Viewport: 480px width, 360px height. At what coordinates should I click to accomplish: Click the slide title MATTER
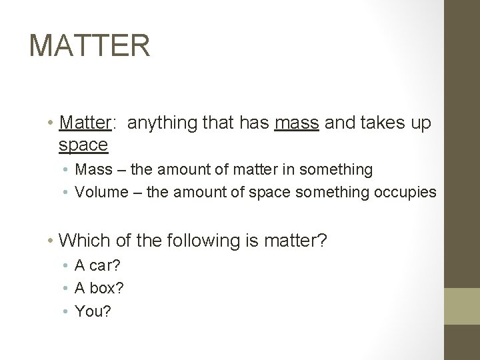pyautogui.click(x=90, y=45)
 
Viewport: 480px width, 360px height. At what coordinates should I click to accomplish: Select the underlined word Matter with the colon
pyautogui.click(x=87, y=123)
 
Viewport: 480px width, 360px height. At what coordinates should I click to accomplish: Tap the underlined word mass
pyautogui.click(x=297, y=123)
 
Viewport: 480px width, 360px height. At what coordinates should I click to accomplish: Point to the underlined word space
pyautogui.click(x=83, y=144)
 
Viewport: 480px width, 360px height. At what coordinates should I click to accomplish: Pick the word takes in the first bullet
pyautogui.click(x=379, y=123)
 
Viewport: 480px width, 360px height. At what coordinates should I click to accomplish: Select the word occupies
pyautogui.click(x=406, y=192)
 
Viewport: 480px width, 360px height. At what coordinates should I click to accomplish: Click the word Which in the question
pyautogui.click(x=82, y=240)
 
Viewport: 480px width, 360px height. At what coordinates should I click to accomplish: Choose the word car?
pyautogui.click(x=105, y=266)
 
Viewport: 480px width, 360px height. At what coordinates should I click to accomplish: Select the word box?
pyautogui.click(x=107, y=288)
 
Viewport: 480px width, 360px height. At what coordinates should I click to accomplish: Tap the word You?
pyautogui.click(x=93, y=311)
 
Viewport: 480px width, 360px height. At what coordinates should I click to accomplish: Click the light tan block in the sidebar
pyautogui.click(x=462, y=306)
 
